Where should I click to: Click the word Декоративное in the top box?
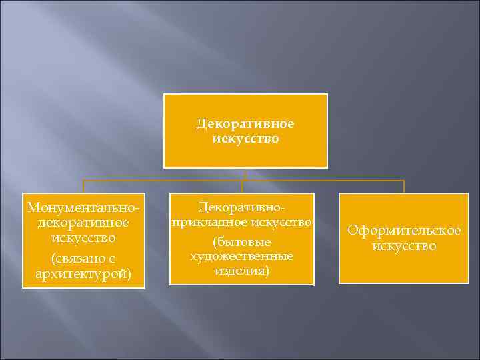tap(245, 125)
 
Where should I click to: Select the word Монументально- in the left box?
tap(83, 207)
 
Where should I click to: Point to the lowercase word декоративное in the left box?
tap(83, 223)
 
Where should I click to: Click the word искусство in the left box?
tap(83, 237)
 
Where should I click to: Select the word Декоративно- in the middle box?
tap(241, 207)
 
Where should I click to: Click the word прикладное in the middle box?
tap(208, 221)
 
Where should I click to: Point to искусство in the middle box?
tap(279, 221)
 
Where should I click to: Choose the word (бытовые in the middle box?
tap(241, 243)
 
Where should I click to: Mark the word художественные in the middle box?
tap(241, 257)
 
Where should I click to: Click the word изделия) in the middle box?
tap(241, 271)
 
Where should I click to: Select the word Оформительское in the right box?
tap(404, 231)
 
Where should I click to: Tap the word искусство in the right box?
tap(404, 246)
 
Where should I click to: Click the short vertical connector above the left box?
tap(83, 187)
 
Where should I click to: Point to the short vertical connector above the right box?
tap(404, 187)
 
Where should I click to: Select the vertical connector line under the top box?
tap(245, 174)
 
